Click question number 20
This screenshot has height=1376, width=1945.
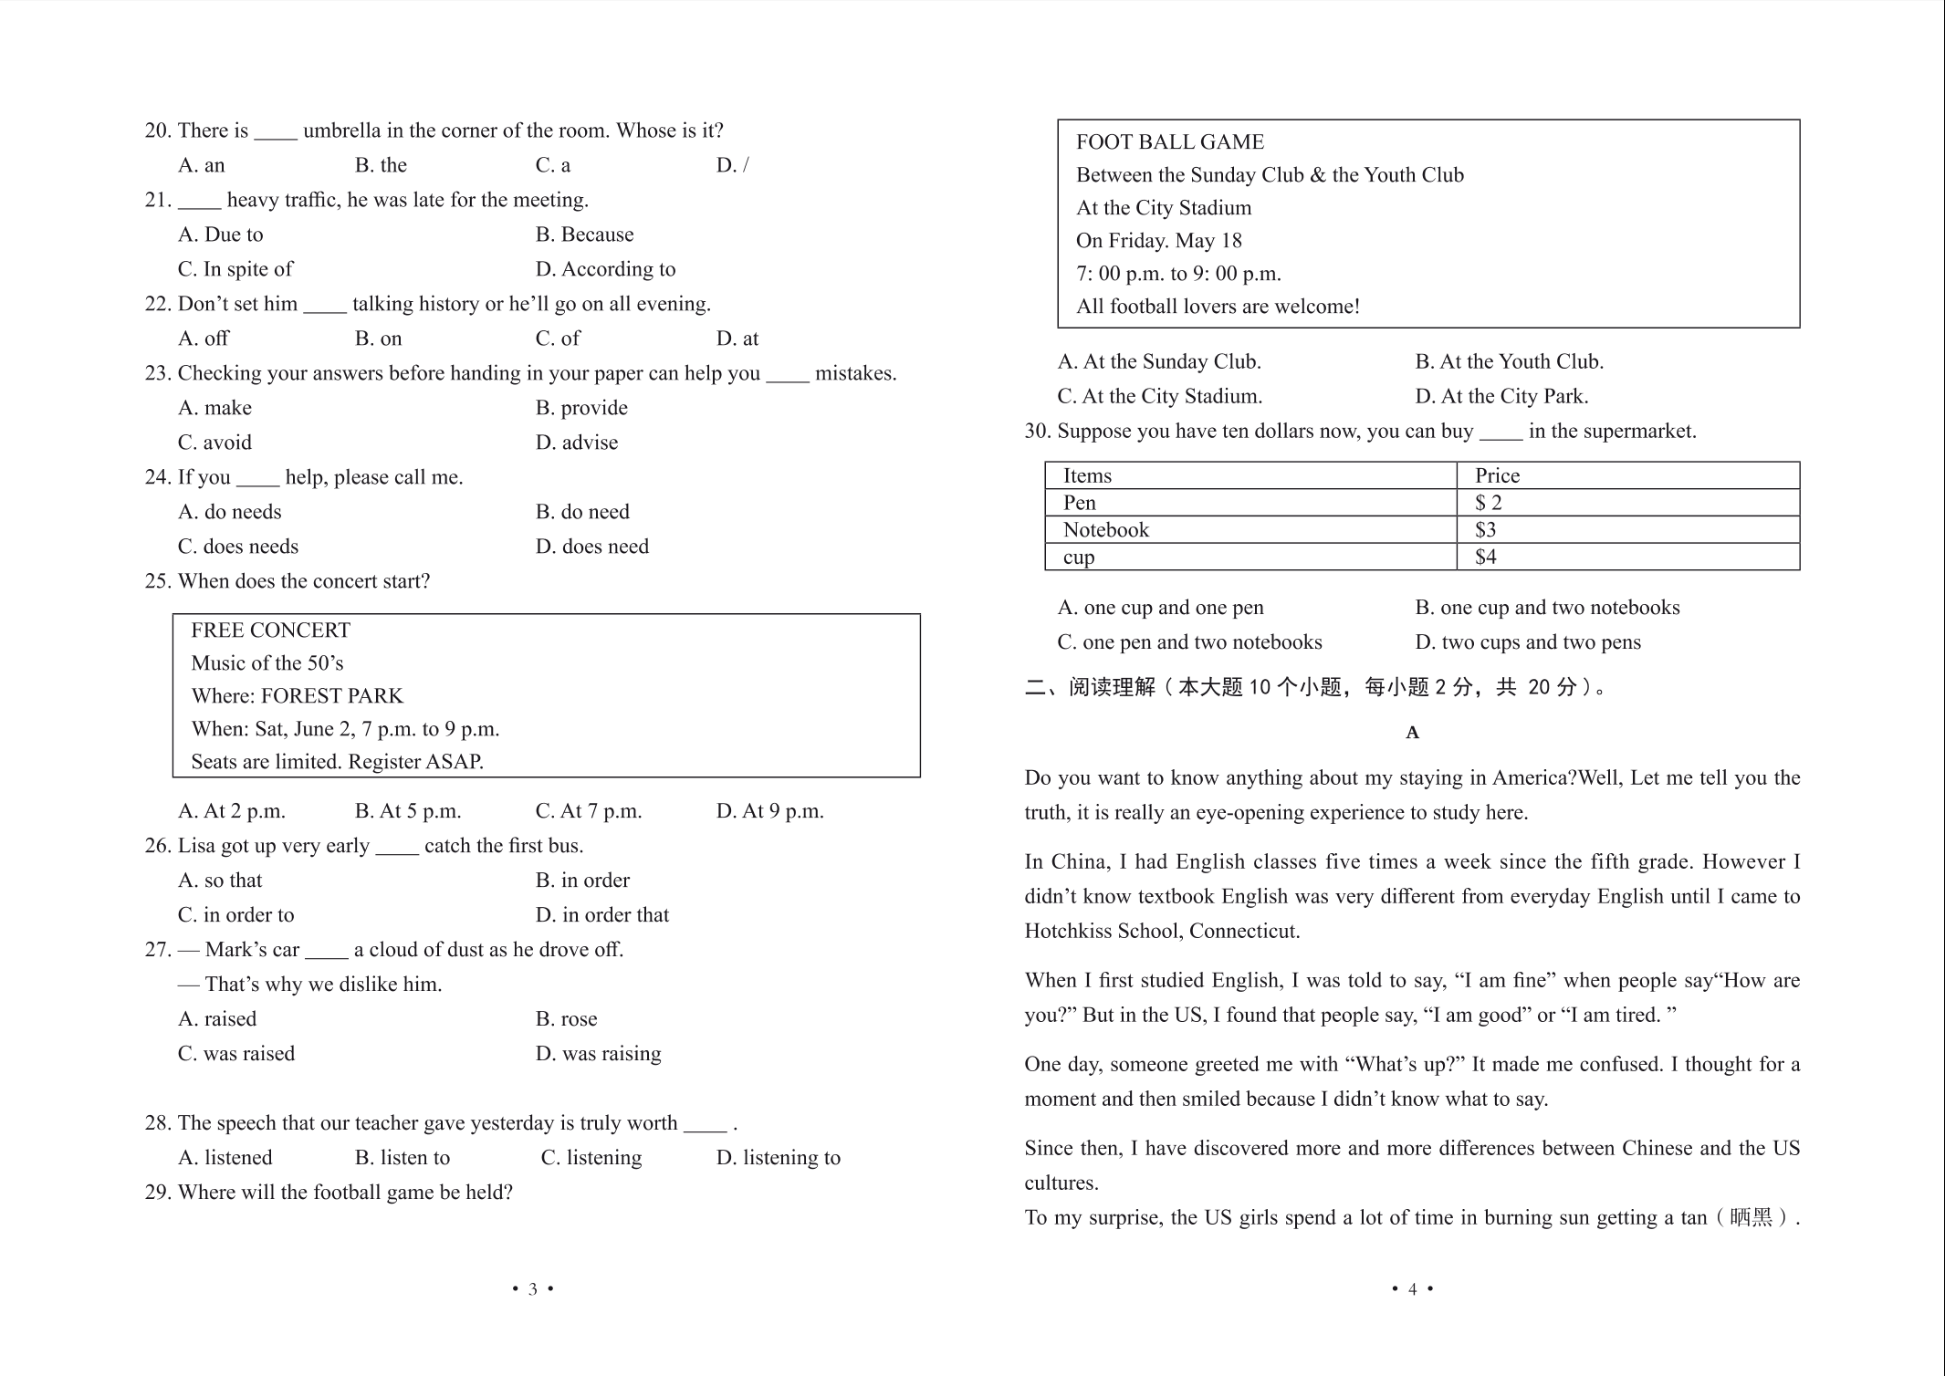tap(157, 130)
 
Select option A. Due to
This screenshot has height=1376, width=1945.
tap(220, 235)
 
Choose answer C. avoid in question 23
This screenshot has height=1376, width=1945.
tap(214, 443)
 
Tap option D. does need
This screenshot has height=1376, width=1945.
tap(591, 547)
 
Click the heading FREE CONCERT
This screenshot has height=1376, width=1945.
tap(270, 631)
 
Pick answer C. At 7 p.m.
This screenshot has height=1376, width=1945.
tap(588, 811)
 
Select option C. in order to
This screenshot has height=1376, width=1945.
tap(235, 915)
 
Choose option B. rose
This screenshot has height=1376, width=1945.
tap(566, 1019)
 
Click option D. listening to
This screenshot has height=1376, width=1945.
tap(778, 1158)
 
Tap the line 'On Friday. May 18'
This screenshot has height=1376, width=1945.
tap(1158, 241)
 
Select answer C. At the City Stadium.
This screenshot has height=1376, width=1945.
tap(1159, 397)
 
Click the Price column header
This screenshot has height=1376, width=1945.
tap(1497, 475)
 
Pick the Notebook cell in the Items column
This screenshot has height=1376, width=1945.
tap(1105, 530)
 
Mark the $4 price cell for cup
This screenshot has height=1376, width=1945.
tap(1485, 558)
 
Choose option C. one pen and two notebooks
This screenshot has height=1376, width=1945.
tap(1188, 642)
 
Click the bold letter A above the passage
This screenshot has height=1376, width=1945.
tap(1412, 733)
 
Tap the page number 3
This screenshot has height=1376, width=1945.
tap(532, 1289)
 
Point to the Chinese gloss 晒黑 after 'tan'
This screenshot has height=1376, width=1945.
tap(1751, 1218)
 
